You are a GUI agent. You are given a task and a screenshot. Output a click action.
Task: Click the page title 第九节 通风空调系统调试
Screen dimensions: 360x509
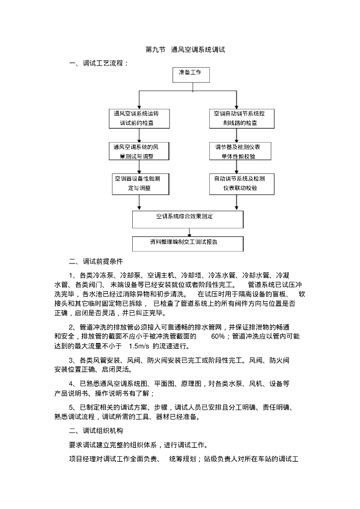tap(185, 50)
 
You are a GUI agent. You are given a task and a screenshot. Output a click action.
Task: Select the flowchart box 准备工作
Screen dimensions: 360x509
tap(191, 75)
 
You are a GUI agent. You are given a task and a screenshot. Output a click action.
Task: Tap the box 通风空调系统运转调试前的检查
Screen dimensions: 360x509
tap(139, 118)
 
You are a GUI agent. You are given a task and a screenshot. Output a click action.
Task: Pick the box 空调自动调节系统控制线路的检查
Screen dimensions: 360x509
tap(242, 118)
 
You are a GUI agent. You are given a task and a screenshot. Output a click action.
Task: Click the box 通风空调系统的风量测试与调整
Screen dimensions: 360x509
tap(139, 151)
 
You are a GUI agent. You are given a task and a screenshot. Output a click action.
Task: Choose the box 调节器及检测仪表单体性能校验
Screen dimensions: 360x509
tap(240, 151)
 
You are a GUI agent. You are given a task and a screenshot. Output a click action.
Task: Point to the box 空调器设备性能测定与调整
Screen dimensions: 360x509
tap(141, 184)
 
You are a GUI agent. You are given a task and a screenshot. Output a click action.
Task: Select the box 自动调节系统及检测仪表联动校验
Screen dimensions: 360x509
tap(242, 184)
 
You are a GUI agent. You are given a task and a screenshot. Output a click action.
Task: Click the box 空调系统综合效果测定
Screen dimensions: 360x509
tap(187, 219)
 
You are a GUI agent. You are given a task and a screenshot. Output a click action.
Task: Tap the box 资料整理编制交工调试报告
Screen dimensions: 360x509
tap(187, 244)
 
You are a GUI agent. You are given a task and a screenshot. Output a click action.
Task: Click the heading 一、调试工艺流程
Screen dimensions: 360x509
tap(98, 63)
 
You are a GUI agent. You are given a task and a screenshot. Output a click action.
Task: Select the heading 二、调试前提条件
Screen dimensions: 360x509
tap(96, 261)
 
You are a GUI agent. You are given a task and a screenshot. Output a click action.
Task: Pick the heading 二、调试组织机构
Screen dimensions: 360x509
tap(96, 431)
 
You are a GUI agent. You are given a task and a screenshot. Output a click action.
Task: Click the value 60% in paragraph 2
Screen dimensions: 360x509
tap(217, 337)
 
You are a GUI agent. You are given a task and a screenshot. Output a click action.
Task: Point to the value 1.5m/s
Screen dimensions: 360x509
tap(139, 346)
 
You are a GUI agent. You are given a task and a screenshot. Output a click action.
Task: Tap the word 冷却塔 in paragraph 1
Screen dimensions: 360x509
tap(191, 275)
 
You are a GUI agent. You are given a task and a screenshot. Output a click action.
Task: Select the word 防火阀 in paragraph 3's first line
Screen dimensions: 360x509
tap(157, 360)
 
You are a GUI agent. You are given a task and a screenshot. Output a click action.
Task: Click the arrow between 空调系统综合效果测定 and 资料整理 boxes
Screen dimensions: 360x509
tap(189, 233)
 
